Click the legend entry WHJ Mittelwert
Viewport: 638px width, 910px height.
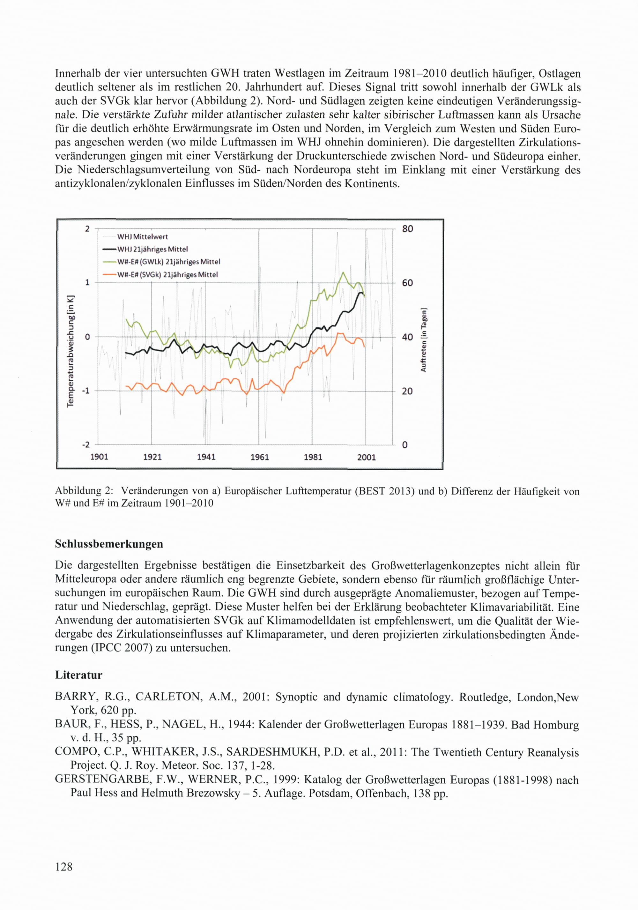[x=142, y=237]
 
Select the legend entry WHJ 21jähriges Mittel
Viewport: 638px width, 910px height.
[x=152, y=249]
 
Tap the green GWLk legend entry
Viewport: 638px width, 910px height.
[x=168, y=262]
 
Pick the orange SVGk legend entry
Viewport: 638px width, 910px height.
[x=167, y=275]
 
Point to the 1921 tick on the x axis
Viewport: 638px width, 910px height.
[x=152, y=457]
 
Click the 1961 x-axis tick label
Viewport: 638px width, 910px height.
[x=260, y=457]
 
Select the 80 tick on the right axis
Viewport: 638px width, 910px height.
[x=407, y=229]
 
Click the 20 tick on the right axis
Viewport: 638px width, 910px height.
[x=407, y=391]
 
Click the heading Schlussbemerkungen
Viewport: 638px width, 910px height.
[x=109, y=544]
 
